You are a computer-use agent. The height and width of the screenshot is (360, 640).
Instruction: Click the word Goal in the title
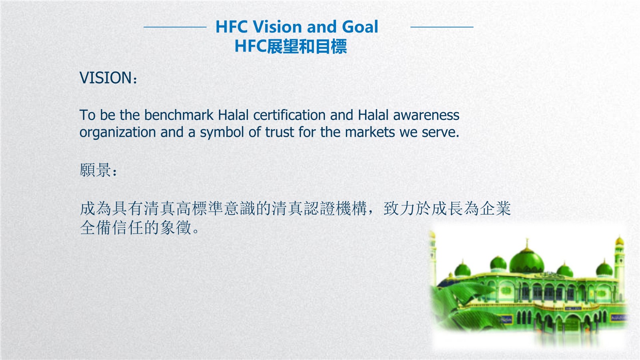[x=360, y=27]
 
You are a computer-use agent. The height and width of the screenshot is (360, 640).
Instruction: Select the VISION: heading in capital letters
[x=108, y=78]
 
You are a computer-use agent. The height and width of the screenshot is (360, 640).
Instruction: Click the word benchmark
[x=179, y=115]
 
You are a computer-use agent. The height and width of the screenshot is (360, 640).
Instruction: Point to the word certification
[x=290, y=115]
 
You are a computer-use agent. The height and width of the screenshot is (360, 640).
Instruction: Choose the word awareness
[x=426, y=115]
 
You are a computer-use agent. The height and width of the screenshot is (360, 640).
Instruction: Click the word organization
[x=118, y=132]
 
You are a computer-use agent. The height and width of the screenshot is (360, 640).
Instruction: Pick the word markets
[x=370, y=132]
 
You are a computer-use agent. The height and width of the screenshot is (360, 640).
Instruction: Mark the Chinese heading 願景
[x=95, y=170]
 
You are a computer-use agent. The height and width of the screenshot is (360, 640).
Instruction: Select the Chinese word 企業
[x=495, y=208]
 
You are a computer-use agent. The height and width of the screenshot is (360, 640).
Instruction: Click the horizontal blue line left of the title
[x=175, y=27]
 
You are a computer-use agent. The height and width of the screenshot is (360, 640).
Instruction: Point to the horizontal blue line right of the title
[x=442, y=27]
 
